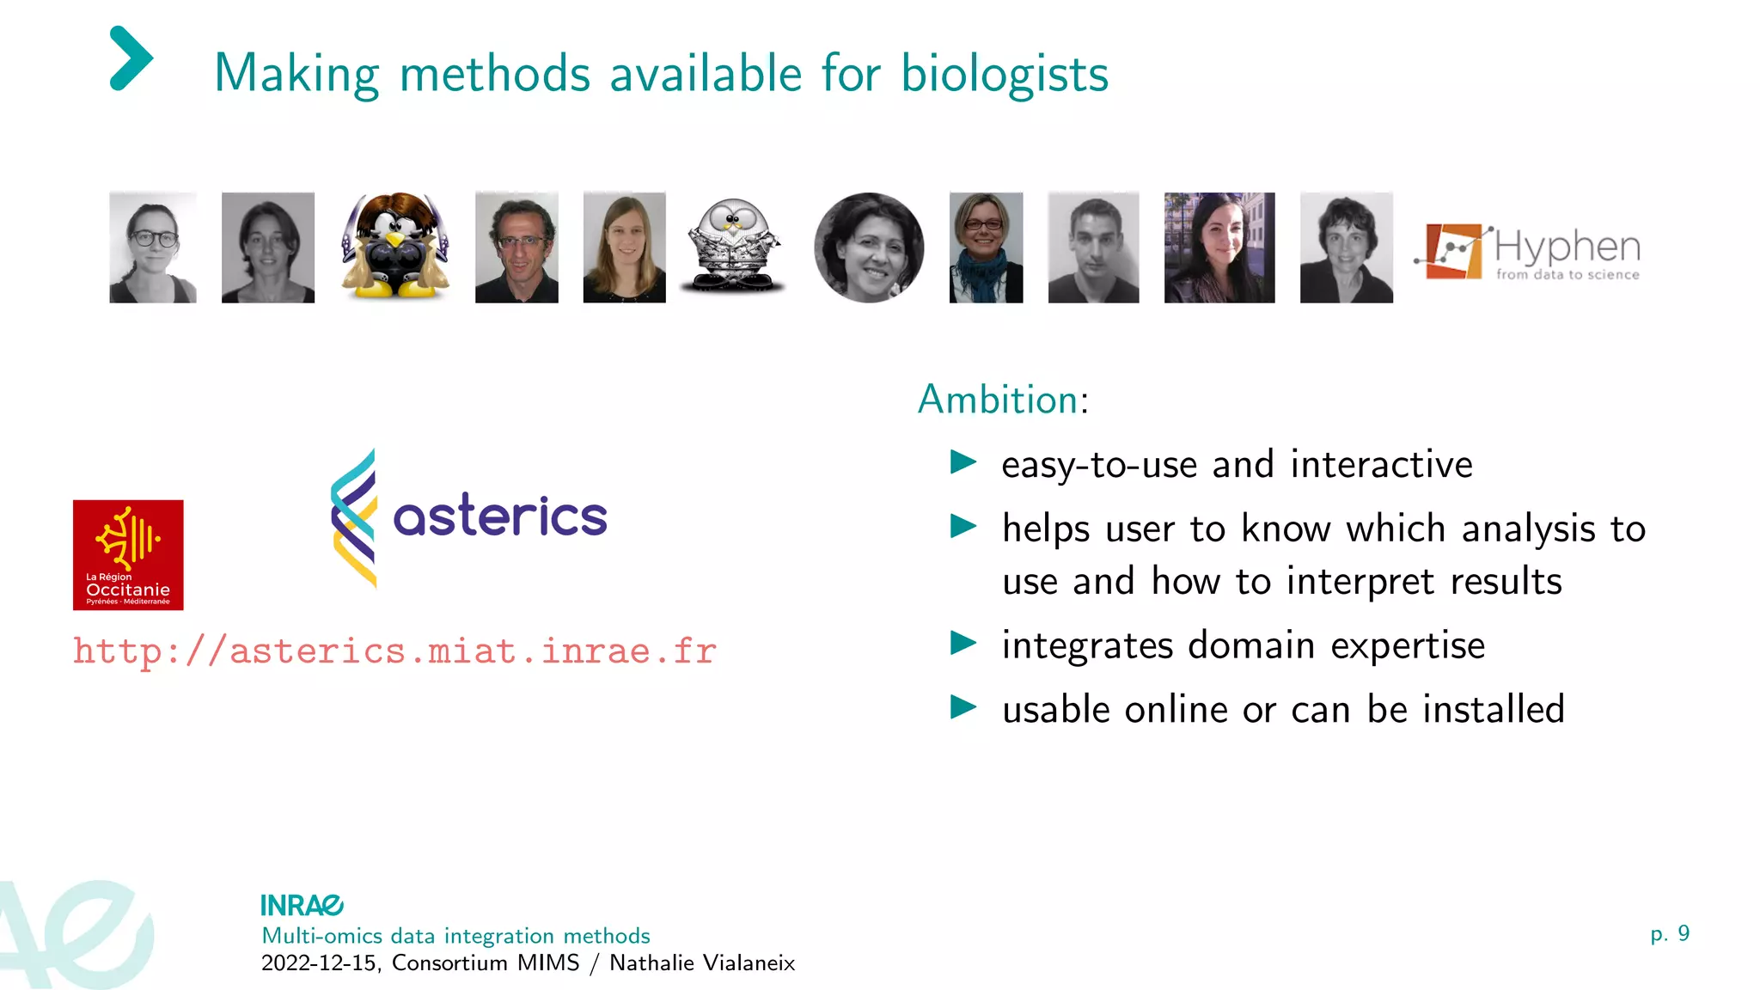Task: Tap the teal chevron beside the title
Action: point(131,58)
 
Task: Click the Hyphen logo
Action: point(1528,251)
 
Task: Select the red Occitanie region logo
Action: point(128,555)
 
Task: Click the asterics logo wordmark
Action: point(499,516)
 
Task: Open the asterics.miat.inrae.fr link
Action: point(394,651)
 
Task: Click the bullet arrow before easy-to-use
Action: point(963,462)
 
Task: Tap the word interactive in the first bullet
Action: point(1381,465)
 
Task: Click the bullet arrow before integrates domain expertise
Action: point(963,643)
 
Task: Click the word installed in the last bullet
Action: point(1493,710)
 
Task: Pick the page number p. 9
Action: point(1669,933)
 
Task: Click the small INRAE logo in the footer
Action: point(302,905)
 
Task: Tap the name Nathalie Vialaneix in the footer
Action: point(702,962)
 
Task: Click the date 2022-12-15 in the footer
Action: point(319,962)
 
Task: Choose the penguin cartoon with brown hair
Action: point(395,247)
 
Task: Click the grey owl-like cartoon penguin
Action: point(732,247)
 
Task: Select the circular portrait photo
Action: point(869,247)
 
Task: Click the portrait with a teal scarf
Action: point(986,247)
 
